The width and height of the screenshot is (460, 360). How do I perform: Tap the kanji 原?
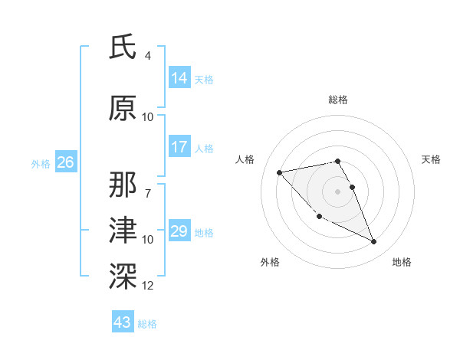tap(123, 108)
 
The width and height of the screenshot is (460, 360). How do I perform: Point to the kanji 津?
tap(123, 229)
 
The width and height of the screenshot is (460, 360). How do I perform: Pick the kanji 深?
tap(123, 273)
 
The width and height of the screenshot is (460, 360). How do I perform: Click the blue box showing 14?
tap(179, 77)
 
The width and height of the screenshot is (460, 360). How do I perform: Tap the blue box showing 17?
tap(179, 147)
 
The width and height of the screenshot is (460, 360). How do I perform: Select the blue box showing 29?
tap(179, 231)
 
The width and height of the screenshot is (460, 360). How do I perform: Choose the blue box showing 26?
tap(65, 162)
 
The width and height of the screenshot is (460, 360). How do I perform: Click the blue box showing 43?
tap(122, 322)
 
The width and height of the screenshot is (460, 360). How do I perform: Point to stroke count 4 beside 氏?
tap(148, 56)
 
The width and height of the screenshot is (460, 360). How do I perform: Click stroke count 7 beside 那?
tap(148, 185)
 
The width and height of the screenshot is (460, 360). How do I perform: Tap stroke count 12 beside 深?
tap(148, 286)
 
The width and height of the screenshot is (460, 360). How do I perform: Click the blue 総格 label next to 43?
tap(147, 324)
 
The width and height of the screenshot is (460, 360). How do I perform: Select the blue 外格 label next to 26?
tap(41, 163)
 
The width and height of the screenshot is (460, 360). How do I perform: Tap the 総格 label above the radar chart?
tap(337, 100)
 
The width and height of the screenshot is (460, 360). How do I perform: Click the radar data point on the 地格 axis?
tap(374, 242)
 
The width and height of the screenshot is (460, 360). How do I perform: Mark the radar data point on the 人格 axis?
tap(279, 172)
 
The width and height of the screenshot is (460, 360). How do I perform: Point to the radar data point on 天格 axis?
tap(352, 187)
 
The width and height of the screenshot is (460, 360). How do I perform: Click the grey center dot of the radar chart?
tap(337, 191)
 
